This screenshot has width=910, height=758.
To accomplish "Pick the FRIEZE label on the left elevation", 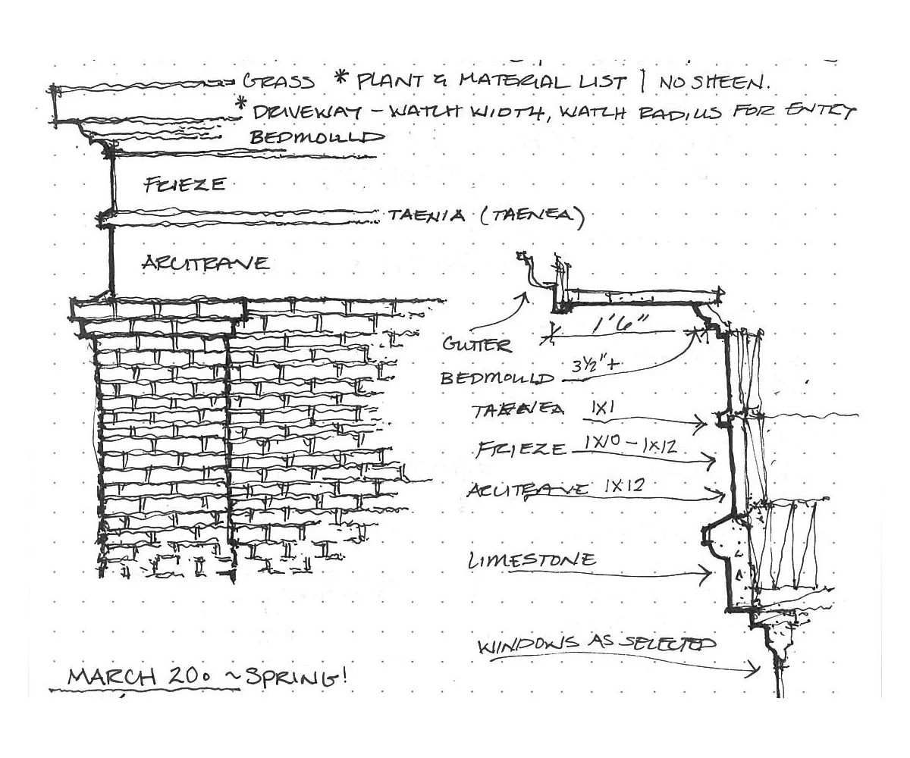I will click(x=184, y=184).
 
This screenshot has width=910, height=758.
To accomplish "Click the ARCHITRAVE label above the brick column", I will click(x=205, y=263).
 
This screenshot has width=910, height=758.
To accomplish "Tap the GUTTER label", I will click(x=477, y=345).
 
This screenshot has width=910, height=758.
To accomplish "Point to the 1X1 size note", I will click(x=605, y=407).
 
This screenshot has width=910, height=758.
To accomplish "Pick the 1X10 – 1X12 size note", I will click(x=630, y=445).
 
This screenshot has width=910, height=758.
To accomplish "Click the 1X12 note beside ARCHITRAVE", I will click(x=623, y=486).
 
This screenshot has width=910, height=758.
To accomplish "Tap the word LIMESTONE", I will click(x=532, y=561).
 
